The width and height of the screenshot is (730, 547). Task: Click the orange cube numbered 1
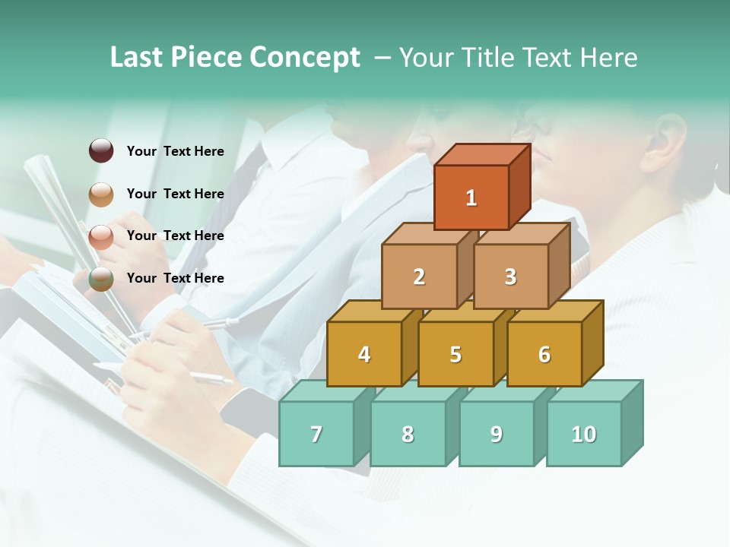(x=471, y=198)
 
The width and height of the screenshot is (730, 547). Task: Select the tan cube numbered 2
(x=419, y=277)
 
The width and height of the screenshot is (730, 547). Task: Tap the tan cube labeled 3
(x=510, y=277)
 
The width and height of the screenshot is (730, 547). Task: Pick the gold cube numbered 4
(x=364, y=354)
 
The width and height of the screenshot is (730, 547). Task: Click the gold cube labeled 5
(x=455, y=354)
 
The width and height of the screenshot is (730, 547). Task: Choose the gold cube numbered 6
(x=544, y=354)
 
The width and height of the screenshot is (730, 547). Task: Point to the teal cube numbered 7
(x=316, y=434)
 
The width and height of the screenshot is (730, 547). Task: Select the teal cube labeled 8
(x=408, y=434)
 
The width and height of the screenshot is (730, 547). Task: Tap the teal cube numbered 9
(x=496, y=434)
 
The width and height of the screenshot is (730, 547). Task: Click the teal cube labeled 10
(x=583, y=434)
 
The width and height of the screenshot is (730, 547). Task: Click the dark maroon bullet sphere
(x=101, y=151)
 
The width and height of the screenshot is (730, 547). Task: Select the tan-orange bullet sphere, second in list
(x=101, y=194)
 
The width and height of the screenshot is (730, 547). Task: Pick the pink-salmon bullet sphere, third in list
(x=101, y=236)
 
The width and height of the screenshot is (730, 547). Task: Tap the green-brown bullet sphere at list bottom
(x=101, y=279)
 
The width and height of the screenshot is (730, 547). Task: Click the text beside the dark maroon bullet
(x=176, y=151)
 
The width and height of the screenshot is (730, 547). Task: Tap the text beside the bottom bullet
(x=176, y=278)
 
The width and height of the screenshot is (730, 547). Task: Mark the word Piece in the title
(x=205, y=58)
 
